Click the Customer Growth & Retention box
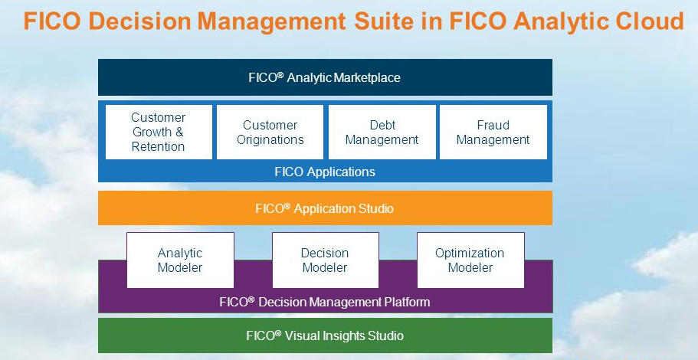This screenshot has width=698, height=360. (158, 132)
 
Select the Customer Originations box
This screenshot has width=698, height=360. (270, 132)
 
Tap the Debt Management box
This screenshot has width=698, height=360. (382, 132)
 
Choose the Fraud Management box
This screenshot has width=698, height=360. (493, 132)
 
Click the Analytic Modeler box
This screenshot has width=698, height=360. (180, 260)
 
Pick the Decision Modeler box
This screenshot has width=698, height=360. (325, 260)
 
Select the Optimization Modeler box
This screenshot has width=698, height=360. (470, 260)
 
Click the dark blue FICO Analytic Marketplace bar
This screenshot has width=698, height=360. (325, 77)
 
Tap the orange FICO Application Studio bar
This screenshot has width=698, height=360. (325, 208)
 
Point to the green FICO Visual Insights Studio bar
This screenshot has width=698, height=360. (325, 335)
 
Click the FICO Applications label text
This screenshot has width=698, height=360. (325, 172)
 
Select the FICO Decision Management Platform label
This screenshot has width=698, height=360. (325, 302)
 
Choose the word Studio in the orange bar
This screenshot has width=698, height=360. (375, 208)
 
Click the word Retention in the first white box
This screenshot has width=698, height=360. (158, 146)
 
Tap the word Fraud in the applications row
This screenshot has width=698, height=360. (493, 125)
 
